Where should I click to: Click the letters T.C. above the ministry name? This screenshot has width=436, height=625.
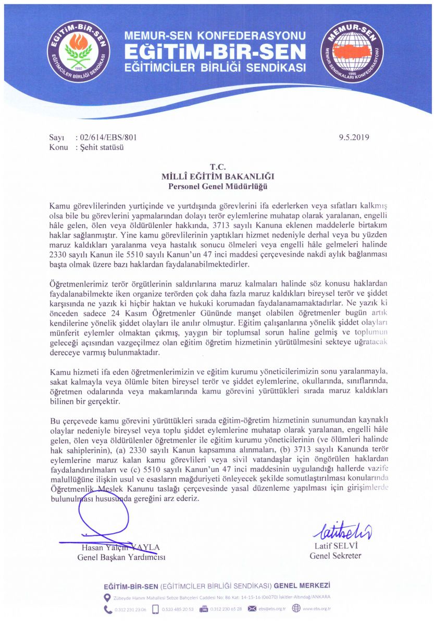[217, 167]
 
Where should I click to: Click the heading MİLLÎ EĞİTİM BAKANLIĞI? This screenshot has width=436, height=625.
[217, 177]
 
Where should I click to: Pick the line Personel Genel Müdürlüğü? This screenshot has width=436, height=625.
[217, 186]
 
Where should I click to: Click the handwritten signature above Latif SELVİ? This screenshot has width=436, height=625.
[342, 531]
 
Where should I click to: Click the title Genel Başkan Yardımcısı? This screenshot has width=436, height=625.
[121, 557]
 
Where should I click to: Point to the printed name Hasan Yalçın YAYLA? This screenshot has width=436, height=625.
[120, 547]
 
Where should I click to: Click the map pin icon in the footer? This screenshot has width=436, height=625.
[107, 597]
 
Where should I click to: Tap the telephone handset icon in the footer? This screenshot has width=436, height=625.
[107, 608]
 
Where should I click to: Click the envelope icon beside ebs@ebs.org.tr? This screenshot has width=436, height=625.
[252, 608]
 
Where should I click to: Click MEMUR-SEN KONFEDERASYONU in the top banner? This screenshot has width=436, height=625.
[214, 36]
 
